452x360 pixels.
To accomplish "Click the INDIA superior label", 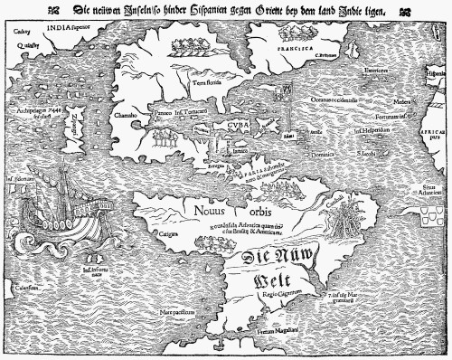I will pyautogui.click(x=71, y=26).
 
